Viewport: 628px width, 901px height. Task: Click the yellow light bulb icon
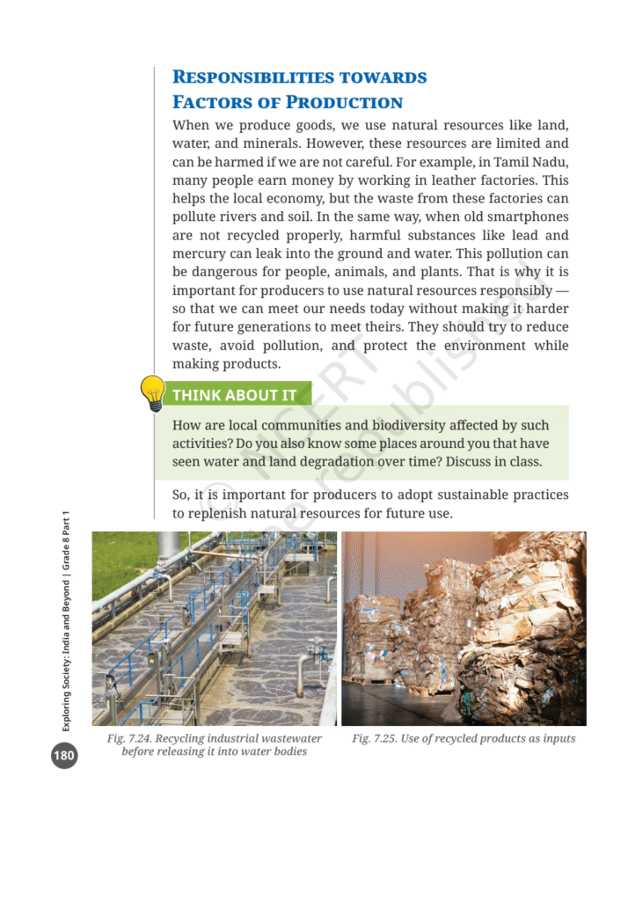152,393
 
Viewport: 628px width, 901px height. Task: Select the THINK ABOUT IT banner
233,395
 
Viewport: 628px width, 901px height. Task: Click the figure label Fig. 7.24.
128,738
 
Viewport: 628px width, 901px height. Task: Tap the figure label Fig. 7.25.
374,738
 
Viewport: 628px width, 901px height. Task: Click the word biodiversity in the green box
371,426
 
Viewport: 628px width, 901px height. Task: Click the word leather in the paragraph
425,179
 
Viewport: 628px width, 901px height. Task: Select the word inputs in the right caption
556,738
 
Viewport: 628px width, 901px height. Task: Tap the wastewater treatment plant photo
215,628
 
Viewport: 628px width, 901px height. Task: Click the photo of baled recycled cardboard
464,628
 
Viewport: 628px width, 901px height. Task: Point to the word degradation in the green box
369,462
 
